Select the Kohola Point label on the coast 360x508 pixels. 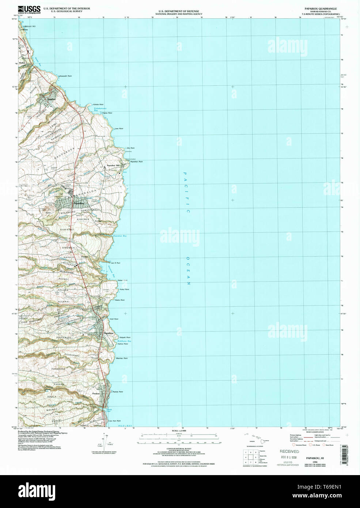(99, 105)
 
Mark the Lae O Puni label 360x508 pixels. (115, 263)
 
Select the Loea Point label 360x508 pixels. (119, 129)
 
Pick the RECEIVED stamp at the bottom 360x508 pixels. (289, 451)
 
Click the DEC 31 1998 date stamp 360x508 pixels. (289, 457)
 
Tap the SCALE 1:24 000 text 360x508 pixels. (179, 431)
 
